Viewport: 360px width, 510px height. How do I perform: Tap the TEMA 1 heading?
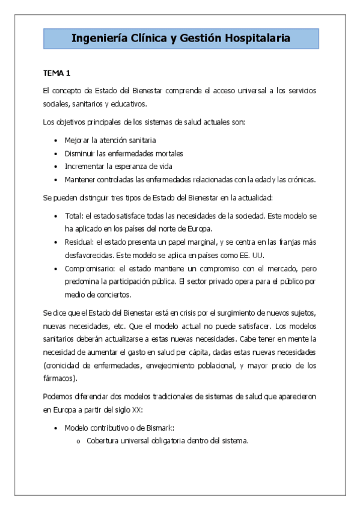coord(56,73)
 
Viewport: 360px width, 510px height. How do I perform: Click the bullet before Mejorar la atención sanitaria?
coord(56,140)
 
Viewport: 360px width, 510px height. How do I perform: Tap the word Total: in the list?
coord(74,215)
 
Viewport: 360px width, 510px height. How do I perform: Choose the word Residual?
coord(79,242)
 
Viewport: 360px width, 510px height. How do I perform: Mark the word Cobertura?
coord(104,441)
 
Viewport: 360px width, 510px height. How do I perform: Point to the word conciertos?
coord(112,295)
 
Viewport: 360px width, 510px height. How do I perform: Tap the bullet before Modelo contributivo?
coord(56,428)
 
